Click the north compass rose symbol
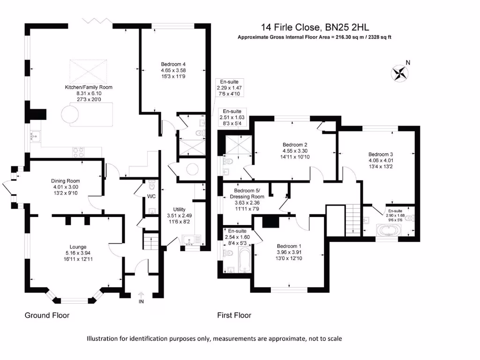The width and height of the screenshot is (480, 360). pos(400,72)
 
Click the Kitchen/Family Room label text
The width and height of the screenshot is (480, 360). pos(89,87)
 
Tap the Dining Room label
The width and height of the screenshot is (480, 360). pos(66,181)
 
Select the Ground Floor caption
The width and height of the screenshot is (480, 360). pos(47,315)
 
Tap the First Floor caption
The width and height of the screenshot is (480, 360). pos(234,315)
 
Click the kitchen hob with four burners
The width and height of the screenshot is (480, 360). pos(78,152)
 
